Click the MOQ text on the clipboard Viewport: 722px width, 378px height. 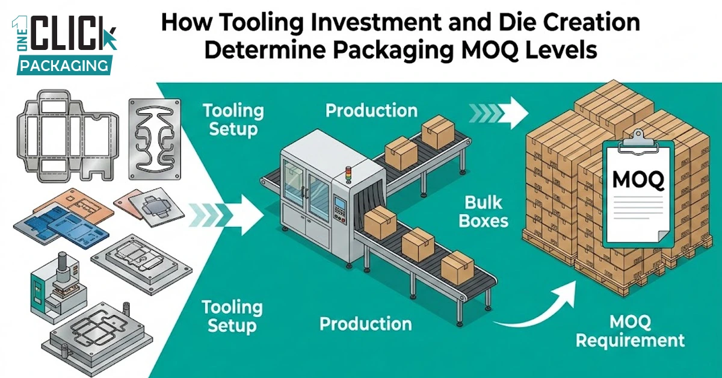click(x=638, y=179)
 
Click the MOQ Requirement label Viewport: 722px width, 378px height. click(x=630, y=330)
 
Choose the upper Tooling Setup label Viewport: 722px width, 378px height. click(x=233, y=120)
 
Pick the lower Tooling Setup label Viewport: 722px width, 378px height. click(x=232, y=317)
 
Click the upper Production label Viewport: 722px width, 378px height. click(x=371, y=110)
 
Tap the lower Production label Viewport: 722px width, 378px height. click(x=365, y=324)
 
